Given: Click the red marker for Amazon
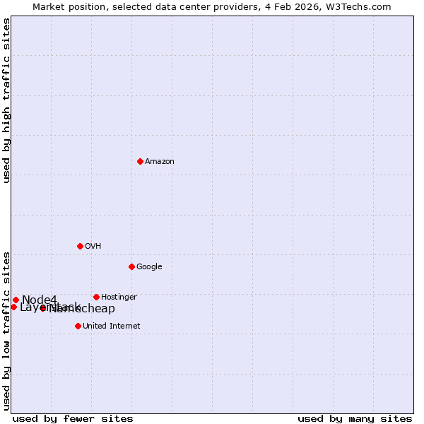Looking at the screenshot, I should [x=140, y=161].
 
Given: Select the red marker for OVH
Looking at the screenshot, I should [x=80, y=246].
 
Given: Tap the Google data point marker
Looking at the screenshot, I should [x=131, y=266].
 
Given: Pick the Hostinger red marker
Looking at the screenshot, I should [x=96, y=297].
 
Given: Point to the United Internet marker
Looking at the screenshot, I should [x=78, y=326].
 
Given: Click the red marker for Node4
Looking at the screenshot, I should [x=16, y=300].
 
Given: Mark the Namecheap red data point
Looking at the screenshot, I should [x=43, y=308].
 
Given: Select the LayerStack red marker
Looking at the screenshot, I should [x=13, y=307].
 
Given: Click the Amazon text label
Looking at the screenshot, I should [x=160, y=162].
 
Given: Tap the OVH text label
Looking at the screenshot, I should [x=93, y=247].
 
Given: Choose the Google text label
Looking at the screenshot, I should [x=149, y=267].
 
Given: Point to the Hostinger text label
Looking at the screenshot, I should [x=119, y=298].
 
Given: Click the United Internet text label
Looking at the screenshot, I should [x=112, y=326].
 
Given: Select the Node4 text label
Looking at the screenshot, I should [x=39, y=300].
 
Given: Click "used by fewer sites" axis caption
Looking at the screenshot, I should [x=73, y=418].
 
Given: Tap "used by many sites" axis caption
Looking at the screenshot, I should [x=355, y=418].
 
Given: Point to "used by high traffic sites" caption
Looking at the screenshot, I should [x=7, y=100].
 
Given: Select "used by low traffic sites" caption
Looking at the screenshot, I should [x=7, y=330].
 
